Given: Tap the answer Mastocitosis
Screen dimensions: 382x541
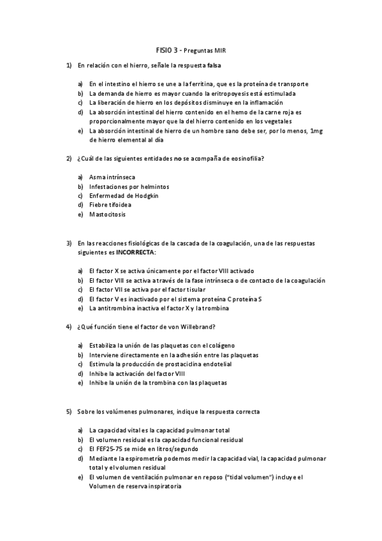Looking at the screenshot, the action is click(108, 214).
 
